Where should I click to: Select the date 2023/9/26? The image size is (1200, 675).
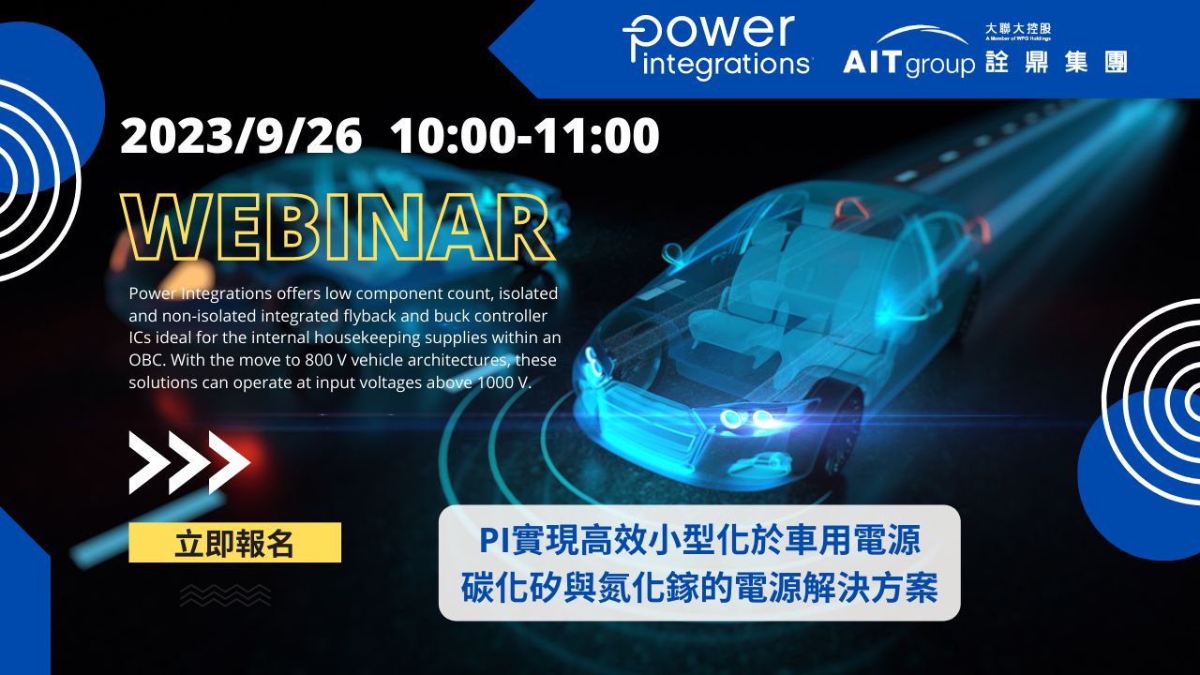click(241, 137)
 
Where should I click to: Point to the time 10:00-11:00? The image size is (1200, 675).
click(525, 137)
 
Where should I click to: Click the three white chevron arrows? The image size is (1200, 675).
click(189, 462)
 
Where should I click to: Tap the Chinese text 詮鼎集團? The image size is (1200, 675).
click(1056, 63)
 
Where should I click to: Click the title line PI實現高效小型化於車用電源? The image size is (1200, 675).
click(699, 540)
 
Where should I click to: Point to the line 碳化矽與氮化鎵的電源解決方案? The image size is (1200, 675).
click(699, 589)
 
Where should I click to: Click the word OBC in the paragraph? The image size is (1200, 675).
click(145, 361)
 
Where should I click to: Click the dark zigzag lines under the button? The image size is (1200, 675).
click(225, 594)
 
